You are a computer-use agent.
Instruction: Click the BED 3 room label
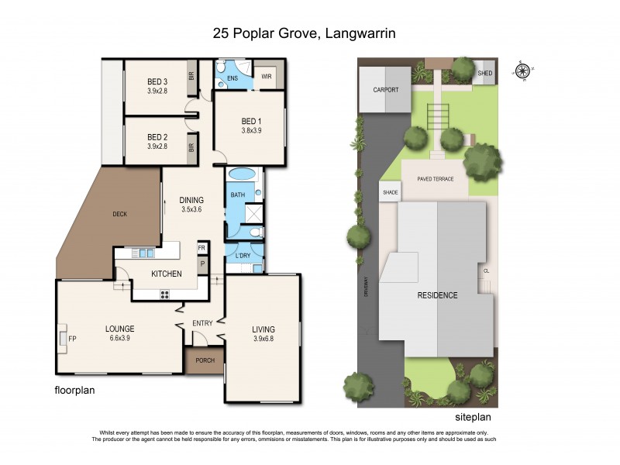pyautogui.click(x=158, y=81)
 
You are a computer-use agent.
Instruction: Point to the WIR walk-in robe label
pyautogui.click(x=266, y=76)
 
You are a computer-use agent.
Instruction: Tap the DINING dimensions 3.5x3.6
pyautogui.click(x=191, y=209)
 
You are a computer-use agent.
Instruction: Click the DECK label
pyautogui.click(x=119, y=214)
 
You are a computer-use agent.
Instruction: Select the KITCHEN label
pyautogui.click(x=167, y=274)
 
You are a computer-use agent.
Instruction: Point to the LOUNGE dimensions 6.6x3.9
pyautogui.click(x=120, y=338)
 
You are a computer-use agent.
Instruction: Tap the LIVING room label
pyautogui.click(x=264, y=328)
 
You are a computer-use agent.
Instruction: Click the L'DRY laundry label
pyautogui.click(x=241, y=255)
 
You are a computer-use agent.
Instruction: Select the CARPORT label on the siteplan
pyautogui.click(x=385, y=90)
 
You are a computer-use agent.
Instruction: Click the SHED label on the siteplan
pyautogui.click(x=485, y=73)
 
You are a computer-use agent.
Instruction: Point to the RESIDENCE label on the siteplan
pyautogui.click(x=437, y=295)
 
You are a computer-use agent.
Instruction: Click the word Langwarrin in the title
pyautogui.click(x=363, y=33)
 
